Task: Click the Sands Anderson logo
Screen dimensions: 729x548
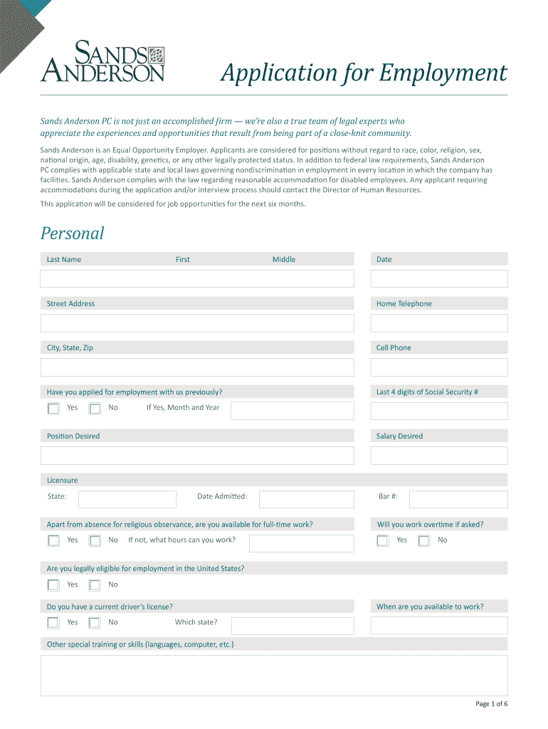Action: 103,61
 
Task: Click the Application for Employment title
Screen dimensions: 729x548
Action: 363,73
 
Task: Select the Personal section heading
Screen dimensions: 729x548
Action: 72,233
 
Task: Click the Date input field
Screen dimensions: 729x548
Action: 439,278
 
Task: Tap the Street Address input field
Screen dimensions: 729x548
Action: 197,323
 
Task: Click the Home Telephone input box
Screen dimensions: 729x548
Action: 439,323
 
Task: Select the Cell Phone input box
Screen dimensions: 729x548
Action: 439,367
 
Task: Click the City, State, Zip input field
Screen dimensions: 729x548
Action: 197,367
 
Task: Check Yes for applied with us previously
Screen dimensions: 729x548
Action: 53,409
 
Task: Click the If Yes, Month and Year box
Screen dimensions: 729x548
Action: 292,411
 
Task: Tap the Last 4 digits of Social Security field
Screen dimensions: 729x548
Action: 439,411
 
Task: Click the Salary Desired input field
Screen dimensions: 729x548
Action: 439,456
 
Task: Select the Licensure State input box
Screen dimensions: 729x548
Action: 127,499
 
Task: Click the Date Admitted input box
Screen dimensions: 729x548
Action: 306,499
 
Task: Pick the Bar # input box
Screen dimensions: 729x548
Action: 458,499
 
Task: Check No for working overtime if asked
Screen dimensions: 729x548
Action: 424,541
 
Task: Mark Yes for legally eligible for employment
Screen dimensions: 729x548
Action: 53,585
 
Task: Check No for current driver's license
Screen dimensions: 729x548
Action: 95,623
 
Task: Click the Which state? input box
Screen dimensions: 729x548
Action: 292,626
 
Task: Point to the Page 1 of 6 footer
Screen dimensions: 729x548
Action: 491,704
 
